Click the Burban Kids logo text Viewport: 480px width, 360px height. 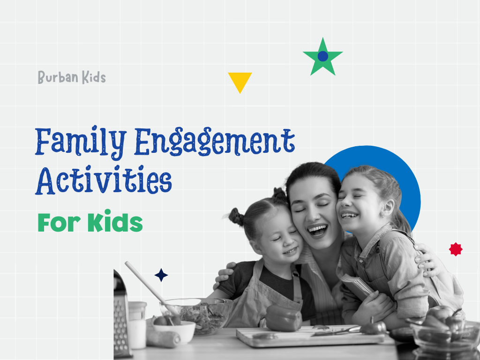[72, 77]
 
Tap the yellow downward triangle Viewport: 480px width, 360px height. [240, 81]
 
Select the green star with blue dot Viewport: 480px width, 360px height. [322, 57]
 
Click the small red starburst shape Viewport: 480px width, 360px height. [456, 249]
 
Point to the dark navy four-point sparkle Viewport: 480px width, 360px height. [161, 275]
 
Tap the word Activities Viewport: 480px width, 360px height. [104, 180]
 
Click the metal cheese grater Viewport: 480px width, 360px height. [121, 315]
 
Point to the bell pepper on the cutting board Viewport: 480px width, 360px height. [283, 318]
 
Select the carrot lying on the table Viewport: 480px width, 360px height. [163, 338]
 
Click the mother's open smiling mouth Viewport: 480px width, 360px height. [317, 230]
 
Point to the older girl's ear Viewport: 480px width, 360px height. [388, 208]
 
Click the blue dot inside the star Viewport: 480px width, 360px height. [322, 56]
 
